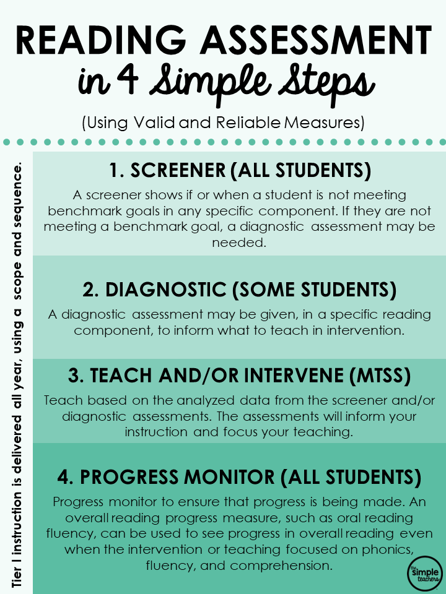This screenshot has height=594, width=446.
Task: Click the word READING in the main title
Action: coord(101,40)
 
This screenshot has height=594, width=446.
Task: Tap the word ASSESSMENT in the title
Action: coord(317,40)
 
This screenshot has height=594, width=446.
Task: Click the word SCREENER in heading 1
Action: coord(178,170)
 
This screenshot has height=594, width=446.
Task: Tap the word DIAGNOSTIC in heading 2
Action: coord(166,290)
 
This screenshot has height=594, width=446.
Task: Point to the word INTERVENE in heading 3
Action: coord(294,376)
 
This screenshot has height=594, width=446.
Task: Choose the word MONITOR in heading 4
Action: coord(229,477)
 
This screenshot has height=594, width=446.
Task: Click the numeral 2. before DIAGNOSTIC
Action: coord(90,290)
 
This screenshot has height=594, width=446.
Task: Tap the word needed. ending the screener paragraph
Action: coord(239,243)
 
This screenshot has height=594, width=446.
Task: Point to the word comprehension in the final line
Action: coord(281,566)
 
